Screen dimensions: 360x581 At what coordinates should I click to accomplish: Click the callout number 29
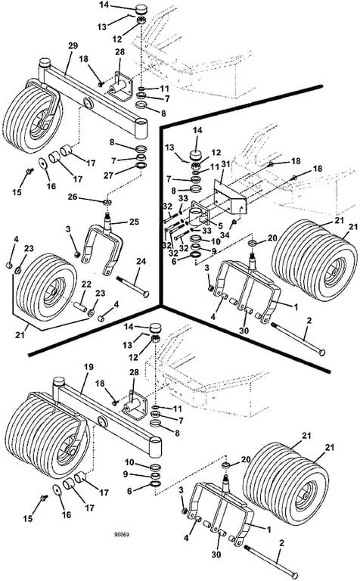coord(73,46)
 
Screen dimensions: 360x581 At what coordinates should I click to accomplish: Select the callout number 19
coord(88,367)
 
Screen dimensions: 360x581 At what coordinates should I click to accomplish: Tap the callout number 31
coord(226,163)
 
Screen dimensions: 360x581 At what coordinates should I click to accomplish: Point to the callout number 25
coord(134,222)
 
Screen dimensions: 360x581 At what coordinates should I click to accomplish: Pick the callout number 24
coord(141,262)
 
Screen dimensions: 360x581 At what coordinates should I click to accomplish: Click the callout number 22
coord(86,284)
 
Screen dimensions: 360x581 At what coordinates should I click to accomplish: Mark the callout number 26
coord(72,197)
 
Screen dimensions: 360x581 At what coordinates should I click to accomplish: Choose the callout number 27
coord(108,175)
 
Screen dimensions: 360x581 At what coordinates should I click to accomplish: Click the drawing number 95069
coord(122,535)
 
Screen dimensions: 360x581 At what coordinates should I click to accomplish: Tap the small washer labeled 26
coord(108,202)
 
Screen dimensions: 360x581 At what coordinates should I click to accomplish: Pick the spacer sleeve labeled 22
coord(81,307)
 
